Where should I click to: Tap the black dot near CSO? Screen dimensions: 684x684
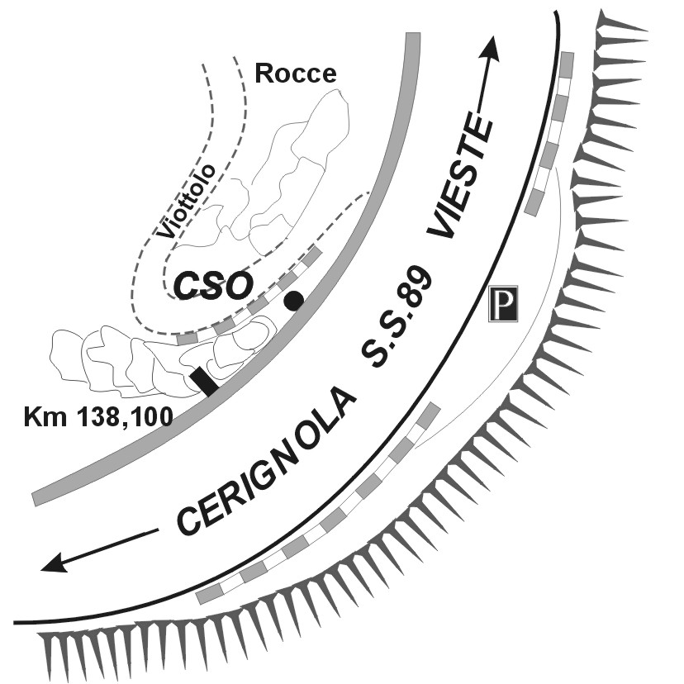292,302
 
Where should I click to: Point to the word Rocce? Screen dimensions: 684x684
296,73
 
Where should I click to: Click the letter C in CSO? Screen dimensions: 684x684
185,286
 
